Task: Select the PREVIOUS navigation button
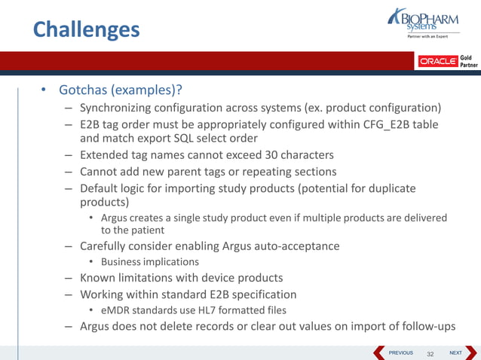[394, 352]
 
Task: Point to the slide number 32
[431, 352]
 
